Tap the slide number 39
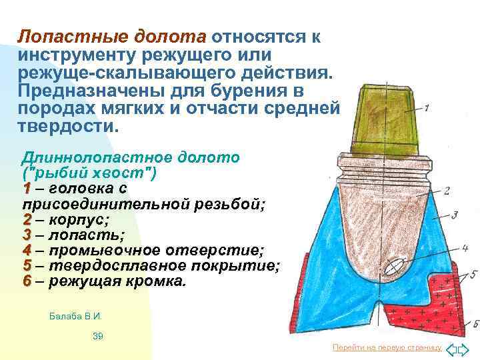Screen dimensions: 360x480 [97, 336]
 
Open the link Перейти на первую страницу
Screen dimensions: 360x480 [387, 348]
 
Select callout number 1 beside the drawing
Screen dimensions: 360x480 [427, 107]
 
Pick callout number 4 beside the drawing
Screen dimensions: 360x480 [464, 249]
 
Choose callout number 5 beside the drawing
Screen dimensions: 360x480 [473, 273]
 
